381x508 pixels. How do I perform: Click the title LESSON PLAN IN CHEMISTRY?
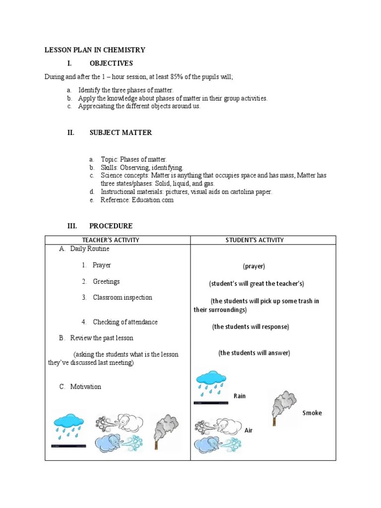click(95, 50)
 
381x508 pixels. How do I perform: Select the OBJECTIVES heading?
click(111, 63)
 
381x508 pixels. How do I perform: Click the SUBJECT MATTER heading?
click(121, 132)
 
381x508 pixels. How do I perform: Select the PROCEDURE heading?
click(111, 226)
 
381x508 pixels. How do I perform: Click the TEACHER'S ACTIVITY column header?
click(118, 240)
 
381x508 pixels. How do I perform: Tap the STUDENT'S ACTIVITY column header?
click(254, 240)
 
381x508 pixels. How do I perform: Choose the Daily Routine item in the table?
click(90, 249)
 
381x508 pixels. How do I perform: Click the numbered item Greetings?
click(106, 281)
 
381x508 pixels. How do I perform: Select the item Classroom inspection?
click(123, 298)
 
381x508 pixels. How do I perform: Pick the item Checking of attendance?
click(125, 322)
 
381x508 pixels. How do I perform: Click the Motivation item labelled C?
click(85, 386)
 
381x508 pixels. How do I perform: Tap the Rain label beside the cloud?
click(240, 396)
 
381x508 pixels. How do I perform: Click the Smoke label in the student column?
click(312, 413)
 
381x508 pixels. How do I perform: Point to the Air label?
click(249, 430)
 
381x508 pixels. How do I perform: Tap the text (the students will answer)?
click(254, 353)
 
